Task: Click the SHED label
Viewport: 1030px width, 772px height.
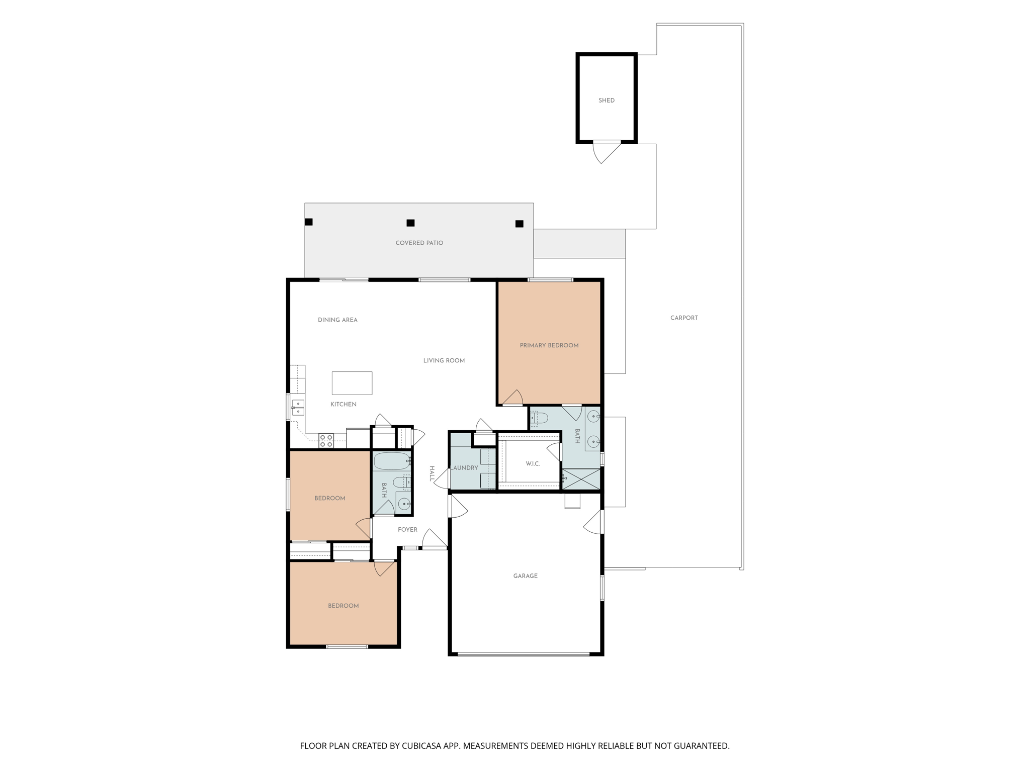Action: click(x=606, y=101)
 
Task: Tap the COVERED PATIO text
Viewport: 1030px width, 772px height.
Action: click(x=419, y=243)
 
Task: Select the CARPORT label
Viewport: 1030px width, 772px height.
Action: click(x=684, y=318)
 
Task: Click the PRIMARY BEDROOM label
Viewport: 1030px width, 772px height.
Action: click(x=549, y=345)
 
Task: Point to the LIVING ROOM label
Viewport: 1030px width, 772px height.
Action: click(x=444, y=360)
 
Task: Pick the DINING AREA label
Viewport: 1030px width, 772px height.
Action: click(x=337, y=320)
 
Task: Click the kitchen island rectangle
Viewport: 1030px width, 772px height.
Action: click(x=352, y=383)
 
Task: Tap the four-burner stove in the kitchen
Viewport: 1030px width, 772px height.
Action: click(x=326, y=441)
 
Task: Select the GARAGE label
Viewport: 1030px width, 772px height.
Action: click(x=526, y=576)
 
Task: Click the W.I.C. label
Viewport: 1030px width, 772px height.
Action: click(x=533, y=464)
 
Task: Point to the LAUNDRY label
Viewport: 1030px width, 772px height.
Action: click(x=464, y=468)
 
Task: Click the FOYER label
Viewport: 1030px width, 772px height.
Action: click(x=407, y=530)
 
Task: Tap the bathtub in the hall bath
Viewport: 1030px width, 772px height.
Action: click(x=392, y=461)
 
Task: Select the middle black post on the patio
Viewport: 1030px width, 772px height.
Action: click(x=410, y=223)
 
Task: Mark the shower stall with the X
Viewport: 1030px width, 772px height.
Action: click(x=581, y=479)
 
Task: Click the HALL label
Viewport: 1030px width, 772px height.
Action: click(x=432, y=474)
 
